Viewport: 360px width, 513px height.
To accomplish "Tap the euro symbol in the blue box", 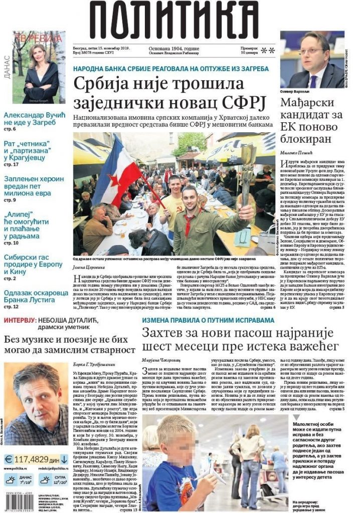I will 9,458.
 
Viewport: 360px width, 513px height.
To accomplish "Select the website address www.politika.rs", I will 18,468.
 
